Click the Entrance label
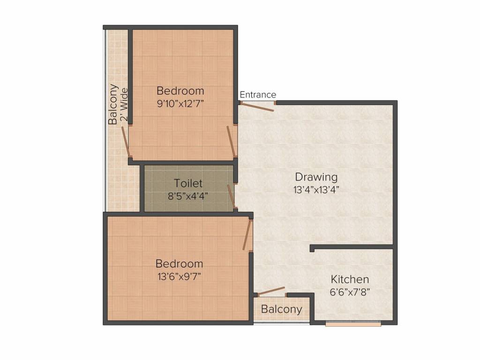(258, 95)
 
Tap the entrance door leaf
(256, 107)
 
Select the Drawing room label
(316, 177)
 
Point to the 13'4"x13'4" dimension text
(316, 190)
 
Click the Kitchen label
(350, 279)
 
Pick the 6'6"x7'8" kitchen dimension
(350, 292)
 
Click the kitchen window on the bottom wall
(353, 323)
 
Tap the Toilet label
(188, 183)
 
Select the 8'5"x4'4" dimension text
(188, 195)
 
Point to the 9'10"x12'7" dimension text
(180, 104)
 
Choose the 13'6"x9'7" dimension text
(180, 277)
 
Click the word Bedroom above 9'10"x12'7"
(180, 91)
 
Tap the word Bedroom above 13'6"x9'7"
(180, 263)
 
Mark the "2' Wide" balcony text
(124, 105)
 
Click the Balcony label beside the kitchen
(281, 309)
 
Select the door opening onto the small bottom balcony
(271, 291)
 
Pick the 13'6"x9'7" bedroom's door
(247, 234)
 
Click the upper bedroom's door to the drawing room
(231, 142)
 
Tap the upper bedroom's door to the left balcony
(125, 142)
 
